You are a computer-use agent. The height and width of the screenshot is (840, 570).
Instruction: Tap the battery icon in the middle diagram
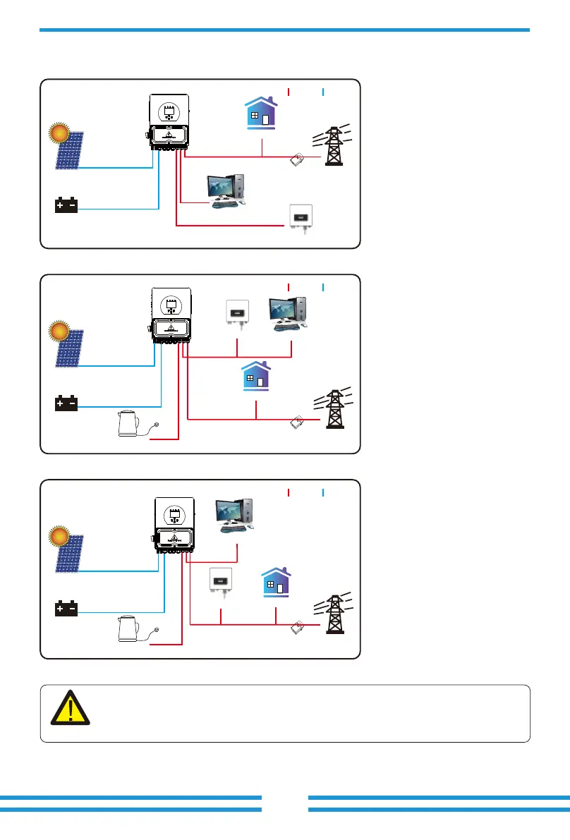pyautogui.click(x=67, y=404)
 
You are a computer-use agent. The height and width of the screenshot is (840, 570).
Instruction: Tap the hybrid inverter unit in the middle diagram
pyautogui.click(x=170, y=314)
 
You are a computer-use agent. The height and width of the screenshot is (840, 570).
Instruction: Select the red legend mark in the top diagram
pyautogui.click(x=289, y=91)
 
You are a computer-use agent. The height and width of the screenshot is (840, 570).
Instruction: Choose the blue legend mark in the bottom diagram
pyautogui.click(x=322, y=492)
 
